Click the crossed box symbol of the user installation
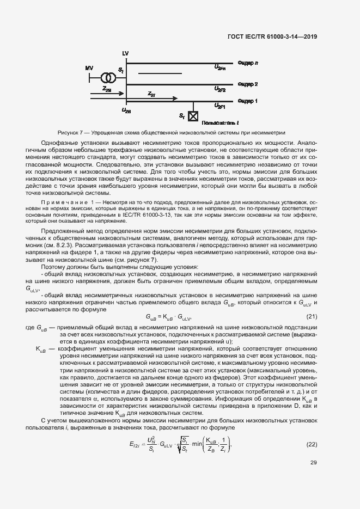(192, 115)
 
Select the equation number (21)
(312, 317)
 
